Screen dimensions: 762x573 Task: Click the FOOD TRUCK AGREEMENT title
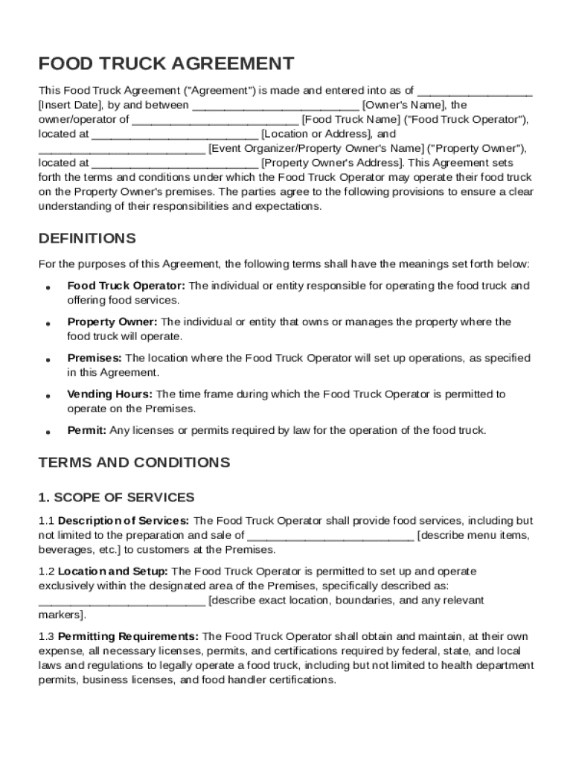pos(166,63)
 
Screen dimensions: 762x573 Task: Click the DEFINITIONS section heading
pos(87,239)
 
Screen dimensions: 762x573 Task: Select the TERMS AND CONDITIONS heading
pos(134,463)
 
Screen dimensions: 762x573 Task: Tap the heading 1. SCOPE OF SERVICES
pos(116,497)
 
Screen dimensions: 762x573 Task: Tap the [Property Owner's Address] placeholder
pos(332,163)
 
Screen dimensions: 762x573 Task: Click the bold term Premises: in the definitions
pos(95,358)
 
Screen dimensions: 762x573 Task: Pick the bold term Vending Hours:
pos(110,394)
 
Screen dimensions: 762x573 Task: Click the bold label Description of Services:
pos(124,521)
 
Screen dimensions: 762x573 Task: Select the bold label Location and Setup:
pos(113,571)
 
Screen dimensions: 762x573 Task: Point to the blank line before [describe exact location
pos(121,601)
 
